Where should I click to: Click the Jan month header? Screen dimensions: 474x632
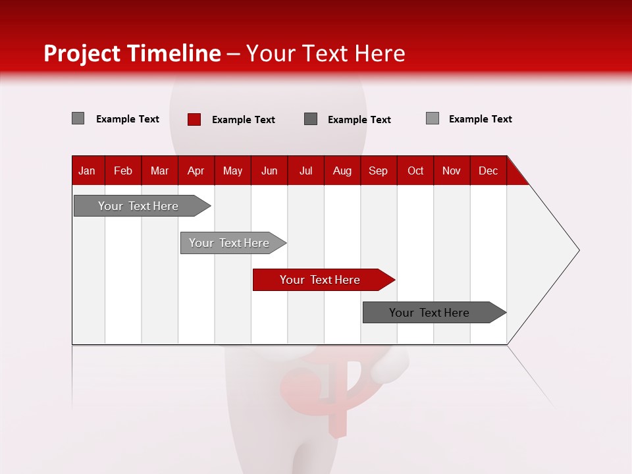(x=88, y=171)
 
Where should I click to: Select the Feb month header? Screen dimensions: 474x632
(x=123, y=171)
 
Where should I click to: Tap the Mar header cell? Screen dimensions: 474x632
(x=159, y=171)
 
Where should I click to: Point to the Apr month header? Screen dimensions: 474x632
(x=196, y=171)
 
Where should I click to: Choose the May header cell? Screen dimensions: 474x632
(x=232, y=171)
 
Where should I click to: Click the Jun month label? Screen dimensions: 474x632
(x=269, y=171)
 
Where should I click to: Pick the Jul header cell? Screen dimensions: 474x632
(x=305, y=171)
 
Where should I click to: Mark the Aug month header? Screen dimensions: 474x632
(x=342, y=171)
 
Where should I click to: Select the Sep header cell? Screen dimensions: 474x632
(x=379, y=171)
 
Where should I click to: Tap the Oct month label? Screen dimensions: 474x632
(x=415, y=171)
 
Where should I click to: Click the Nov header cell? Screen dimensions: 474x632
(x=452, y=171)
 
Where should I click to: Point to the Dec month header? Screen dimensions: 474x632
(x=488, y=171)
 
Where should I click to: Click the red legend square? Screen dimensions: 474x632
(x=194, y=119)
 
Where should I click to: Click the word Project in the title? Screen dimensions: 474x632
(x=81, y=53)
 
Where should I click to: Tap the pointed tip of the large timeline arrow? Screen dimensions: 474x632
(x=577, y=250)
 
